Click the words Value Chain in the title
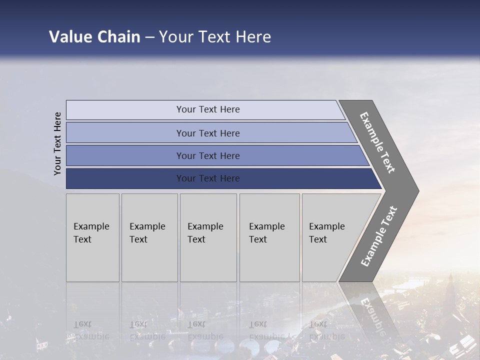point(94,37)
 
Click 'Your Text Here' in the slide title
point(215,37)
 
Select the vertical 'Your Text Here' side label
point(57,143)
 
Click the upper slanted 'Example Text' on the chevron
point(377,142)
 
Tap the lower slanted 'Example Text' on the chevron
point(378,236)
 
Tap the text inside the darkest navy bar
point(208,178)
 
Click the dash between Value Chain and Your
point(149,37)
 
